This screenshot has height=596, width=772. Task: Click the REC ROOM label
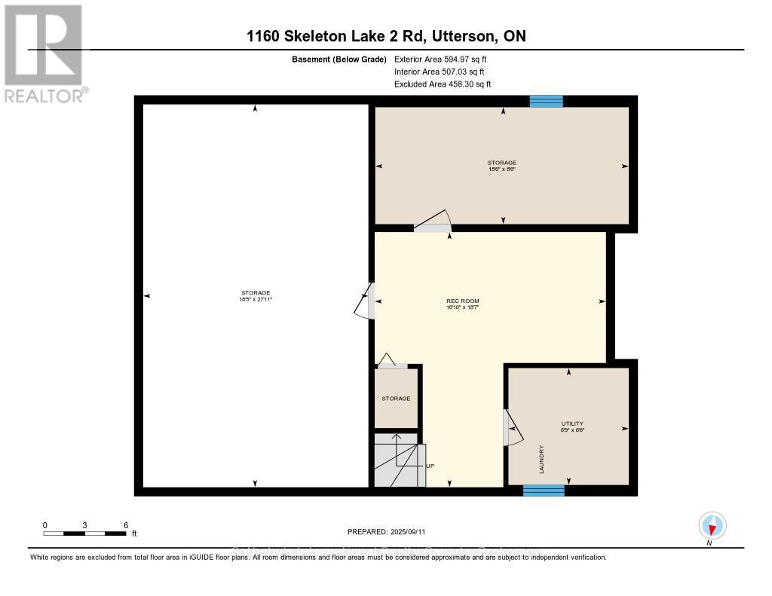click(x=463, y=301)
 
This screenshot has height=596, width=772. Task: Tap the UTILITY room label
click(x=572, y=423)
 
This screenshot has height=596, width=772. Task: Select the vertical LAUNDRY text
click(x=541, y=459)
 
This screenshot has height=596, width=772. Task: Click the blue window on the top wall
click(x=546, y=101)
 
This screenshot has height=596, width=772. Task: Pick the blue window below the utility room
click(x=544, y=491)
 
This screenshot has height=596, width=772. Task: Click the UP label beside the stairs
click(x=430, y=466)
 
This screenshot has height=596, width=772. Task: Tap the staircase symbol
click(x=397, y=460)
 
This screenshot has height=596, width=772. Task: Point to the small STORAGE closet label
click(x=396, y=398)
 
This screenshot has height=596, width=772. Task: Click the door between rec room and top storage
click(x=432, y=222)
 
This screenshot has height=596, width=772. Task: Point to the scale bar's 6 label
click(x=126, y=524)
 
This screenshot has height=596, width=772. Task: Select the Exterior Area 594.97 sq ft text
click(x=446, y=59)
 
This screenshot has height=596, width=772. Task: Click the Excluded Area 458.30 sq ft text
click(x=443, y=84)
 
